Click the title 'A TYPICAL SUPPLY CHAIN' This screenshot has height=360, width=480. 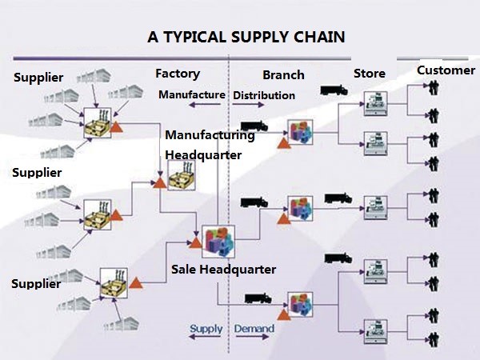click(246, 37)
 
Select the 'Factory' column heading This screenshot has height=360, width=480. click(178, 74)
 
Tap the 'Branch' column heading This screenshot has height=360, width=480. click(283, 75)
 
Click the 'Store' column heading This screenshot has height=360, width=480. click(370, 74)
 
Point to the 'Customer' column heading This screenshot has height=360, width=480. click(446, 70)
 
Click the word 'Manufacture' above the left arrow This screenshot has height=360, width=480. click(192, 94)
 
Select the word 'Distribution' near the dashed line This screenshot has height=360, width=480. click(264, 95)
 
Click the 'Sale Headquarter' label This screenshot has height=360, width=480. click(223, 270)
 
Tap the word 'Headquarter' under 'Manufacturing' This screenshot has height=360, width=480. click(203, 155)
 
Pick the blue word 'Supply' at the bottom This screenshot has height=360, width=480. click(206, 329)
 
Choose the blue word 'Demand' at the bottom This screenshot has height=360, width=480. click(254, 329)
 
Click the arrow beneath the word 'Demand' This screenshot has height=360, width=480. click(253, 337)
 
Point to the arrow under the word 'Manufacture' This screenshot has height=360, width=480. click(205, 105)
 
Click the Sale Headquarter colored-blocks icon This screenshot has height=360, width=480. click(218, 242)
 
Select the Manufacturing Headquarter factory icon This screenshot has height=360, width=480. click(182, 176)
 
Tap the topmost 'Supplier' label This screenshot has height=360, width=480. click(38, 78)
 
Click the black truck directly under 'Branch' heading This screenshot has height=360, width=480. click(254, 126)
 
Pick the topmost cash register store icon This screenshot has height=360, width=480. click(376, 103)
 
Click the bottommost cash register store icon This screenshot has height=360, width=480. click(376, 331)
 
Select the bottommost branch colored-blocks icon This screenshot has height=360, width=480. click(300, 305)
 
